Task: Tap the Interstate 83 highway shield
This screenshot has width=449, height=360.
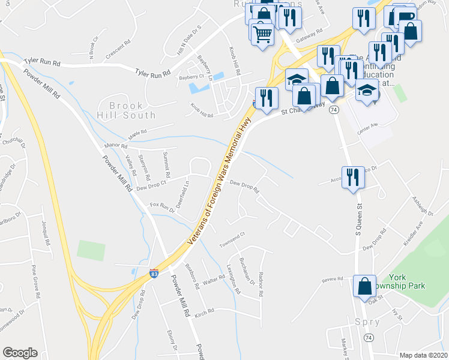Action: point(154,273)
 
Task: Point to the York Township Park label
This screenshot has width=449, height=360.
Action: point(406,281)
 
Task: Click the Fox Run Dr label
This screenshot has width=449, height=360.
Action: point(162,207)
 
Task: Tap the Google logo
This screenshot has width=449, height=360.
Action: point(20,353)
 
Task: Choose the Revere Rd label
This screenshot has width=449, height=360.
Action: point(331,279)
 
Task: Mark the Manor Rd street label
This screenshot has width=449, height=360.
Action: point(116,145)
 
